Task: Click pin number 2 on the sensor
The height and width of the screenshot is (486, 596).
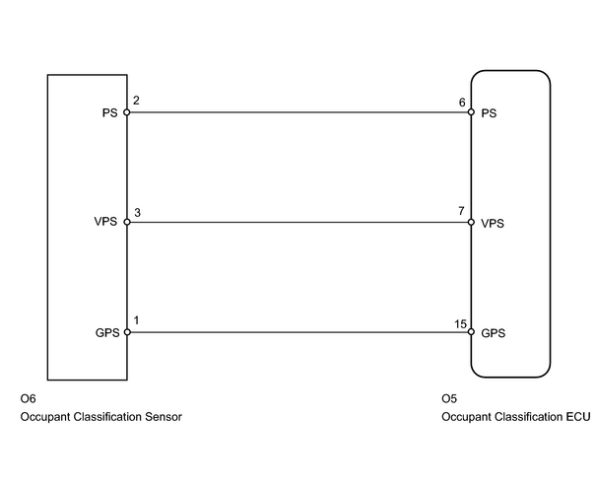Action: coord(136,101)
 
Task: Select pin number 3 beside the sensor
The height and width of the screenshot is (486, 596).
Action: coord(137,213)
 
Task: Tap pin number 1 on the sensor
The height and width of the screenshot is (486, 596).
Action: coord(137,320)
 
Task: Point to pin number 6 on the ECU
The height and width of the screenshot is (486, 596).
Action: coord(462,103)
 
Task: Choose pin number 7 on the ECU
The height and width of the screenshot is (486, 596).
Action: coord(461,211)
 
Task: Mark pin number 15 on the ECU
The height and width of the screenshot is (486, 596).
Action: coord(460,324)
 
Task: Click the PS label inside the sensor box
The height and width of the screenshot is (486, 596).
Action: coord(110,113)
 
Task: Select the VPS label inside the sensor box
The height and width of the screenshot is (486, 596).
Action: coord(105,222)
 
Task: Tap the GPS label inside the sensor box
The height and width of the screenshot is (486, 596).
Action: coord(107,333)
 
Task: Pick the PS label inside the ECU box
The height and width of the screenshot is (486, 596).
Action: coord(489,113)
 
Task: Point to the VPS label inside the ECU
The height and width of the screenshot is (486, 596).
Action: coord(493,223)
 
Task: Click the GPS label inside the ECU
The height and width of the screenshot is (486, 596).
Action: coord(494,333)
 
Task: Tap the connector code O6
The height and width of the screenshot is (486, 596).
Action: coord(29,398)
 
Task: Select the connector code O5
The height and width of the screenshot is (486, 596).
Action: coord(449,398)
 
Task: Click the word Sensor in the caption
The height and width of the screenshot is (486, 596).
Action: coord(164,417)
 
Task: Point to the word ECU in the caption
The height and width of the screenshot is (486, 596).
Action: coord(578,417)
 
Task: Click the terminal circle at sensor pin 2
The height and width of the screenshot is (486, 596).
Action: coord(127,112)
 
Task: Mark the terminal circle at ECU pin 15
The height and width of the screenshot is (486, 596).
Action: coord(471,332)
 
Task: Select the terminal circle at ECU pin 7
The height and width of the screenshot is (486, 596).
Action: coord(471,222)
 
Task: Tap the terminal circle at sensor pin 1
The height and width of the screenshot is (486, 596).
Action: coord(127,332)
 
